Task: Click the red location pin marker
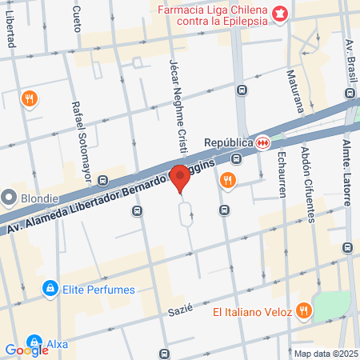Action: (181, 177)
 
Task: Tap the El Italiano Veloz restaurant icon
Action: (303, 310)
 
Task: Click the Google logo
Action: (26, 350)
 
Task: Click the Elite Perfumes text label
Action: (98, 290)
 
